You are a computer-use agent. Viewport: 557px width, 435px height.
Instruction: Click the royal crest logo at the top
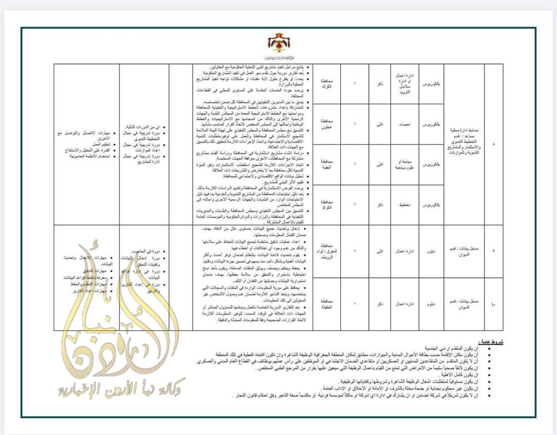[279, 44]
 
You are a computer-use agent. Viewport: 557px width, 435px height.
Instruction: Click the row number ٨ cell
[494, 144]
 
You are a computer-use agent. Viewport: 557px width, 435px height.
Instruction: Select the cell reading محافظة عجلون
[326, 124]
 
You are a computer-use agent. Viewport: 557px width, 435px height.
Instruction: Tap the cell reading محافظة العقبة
[326, 164]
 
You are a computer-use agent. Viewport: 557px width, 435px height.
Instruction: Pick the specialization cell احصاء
[404, 124]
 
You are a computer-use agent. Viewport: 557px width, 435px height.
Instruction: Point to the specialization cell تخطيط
[404, 205]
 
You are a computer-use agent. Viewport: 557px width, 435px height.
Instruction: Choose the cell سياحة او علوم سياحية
[404, 164]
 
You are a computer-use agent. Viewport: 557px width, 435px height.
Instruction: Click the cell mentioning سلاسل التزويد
[404, 84]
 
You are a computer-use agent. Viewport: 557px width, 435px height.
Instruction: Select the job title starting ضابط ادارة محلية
[464, 141]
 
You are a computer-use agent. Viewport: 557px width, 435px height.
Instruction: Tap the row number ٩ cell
[494, 251]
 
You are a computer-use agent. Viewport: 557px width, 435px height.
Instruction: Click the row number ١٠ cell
[494, 304]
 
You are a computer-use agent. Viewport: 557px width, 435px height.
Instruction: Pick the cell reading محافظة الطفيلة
[326, 304]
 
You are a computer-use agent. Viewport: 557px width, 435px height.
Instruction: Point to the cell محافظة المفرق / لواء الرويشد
[326, 251]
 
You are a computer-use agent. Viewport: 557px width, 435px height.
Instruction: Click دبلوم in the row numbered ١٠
[431, 304]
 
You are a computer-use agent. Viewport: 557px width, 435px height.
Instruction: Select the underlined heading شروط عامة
[490, 342]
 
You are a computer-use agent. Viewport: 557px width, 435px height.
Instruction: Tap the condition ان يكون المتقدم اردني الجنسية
[451, 348]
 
